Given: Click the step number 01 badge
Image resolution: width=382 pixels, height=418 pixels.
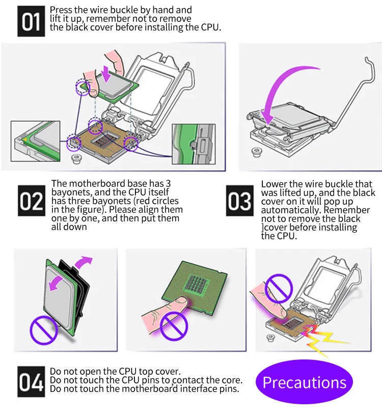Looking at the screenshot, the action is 32,22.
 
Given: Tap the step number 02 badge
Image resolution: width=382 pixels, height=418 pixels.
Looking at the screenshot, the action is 32,202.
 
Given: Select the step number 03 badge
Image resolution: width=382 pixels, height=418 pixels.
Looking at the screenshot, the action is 239,202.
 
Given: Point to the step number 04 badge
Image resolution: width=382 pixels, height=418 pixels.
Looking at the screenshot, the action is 32,381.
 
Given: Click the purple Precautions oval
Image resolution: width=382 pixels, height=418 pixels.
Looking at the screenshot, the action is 304,382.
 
